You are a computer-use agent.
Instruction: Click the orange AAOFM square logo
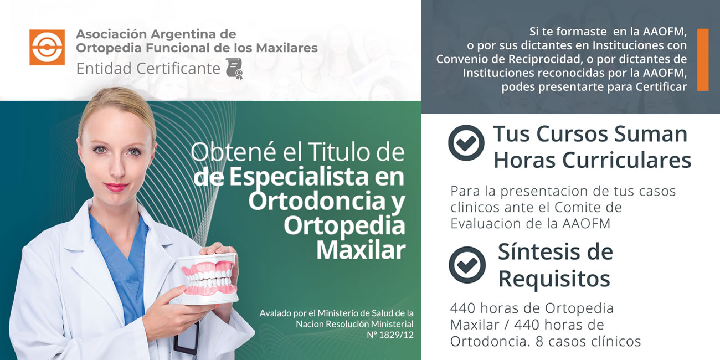click(x=47, y=47)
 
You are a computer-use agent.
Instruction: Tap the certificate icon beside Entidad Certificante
click(x=234, y=69)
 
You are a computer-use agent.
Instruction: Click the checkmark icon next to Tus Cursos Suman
click(x=466, y=143)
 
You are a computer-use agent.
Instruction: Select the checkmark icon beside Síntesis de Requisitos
click(x=467, y=265)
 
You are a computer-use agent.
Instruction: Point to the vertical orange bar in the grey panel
click(x=703, y=60)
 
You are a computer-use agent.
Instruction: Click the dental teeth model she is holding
click(x=208, y=279)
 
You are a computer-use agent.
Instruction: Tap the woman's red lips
click(x=116, y=187)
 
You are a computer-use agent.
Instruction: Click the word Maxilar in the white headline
click(x=361, y=250)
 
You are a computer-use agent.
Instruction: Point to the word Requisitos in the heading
click(x=554, y=279)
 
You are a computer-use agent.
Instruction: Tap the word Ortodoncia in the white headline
click(x=317, y=200)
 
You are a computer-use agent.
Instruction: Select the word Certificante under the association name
click(x=178, y=69)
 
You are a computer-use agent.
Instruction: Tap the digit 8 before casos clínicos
click(x=539, y=341)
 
